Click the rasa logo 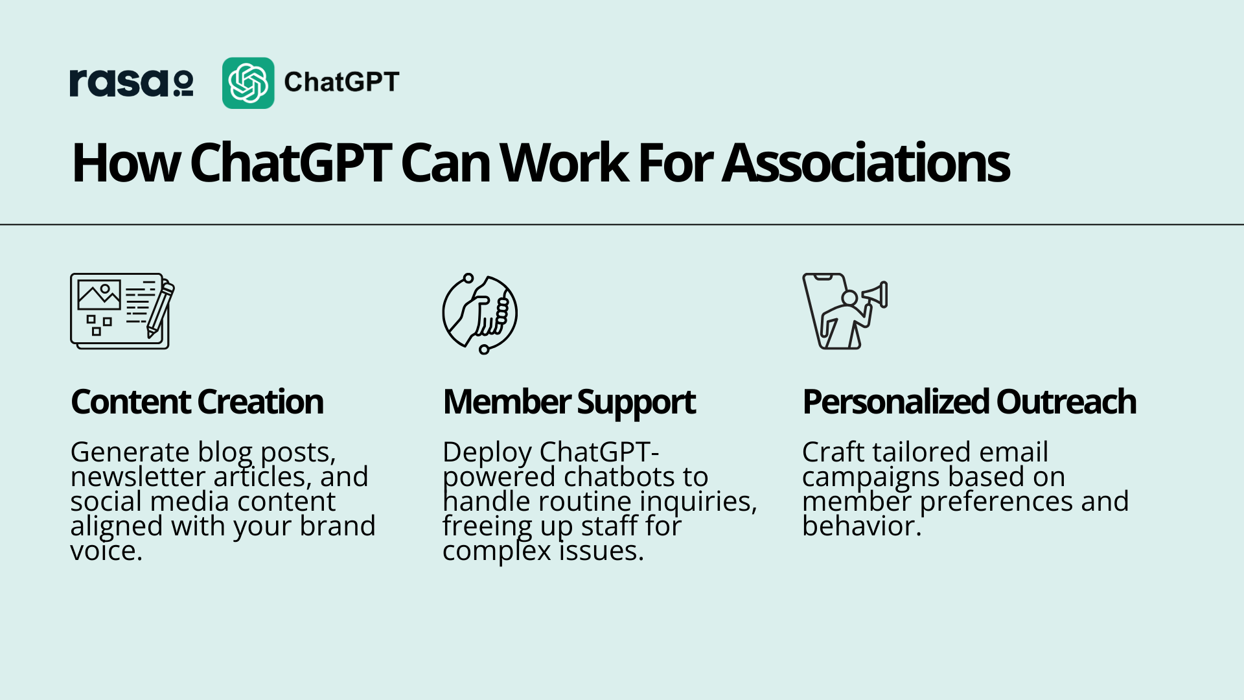pyautogui.click(x=132, y=83)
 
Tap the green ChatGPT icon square pyautogui.click(x=248, y=83)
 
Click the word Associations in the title pyautogui.click(x=866, y=163)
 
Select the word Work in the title pyautogui.click(x=563, y=163)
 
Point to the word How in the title pyautogui.click(x=126, y=163)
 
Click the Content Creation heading pyautogui.click(x=197, y=402)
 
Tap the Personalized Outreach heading pyautogui.click(x=969, y=402)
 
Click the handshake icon pyautogui.click(x=480, y=314)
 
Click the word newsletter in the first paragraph pyautogui.click(x=138, y=477)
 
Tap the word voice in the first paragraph pyautogui.click(x=106, y=551)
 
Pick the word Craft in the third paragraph pyautogui.click(x=833, y=452)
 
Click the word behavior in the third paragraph pyautogui.click(x=862, y=526)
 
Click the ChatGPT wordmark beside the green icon pyautogui.click(x=341, y=82)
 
